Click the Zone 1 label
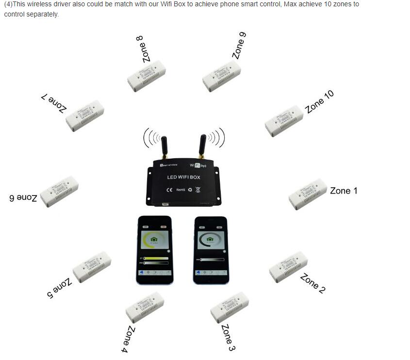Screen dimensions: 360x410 [344, 191]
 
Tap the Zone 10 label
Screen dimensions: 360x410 [319, 102]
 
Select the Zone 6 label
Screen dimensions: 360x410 [23, 197]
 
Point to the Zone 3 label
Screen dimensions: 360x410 [228, 337]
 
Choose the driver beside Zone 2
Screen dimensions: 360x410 [288, 266]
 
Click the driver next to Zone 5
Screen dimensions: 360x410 [92, 267]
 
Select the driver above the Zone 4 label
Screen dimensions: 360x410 [145, 308]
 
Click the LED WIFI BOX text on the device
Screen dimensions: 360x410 [183, 178]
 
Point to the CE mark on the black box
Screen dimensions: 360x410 [169, 190]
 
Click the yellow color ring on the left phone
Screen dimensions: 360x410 [155, 241]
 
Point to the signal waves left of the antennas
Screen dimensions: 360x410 [151, 138]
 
